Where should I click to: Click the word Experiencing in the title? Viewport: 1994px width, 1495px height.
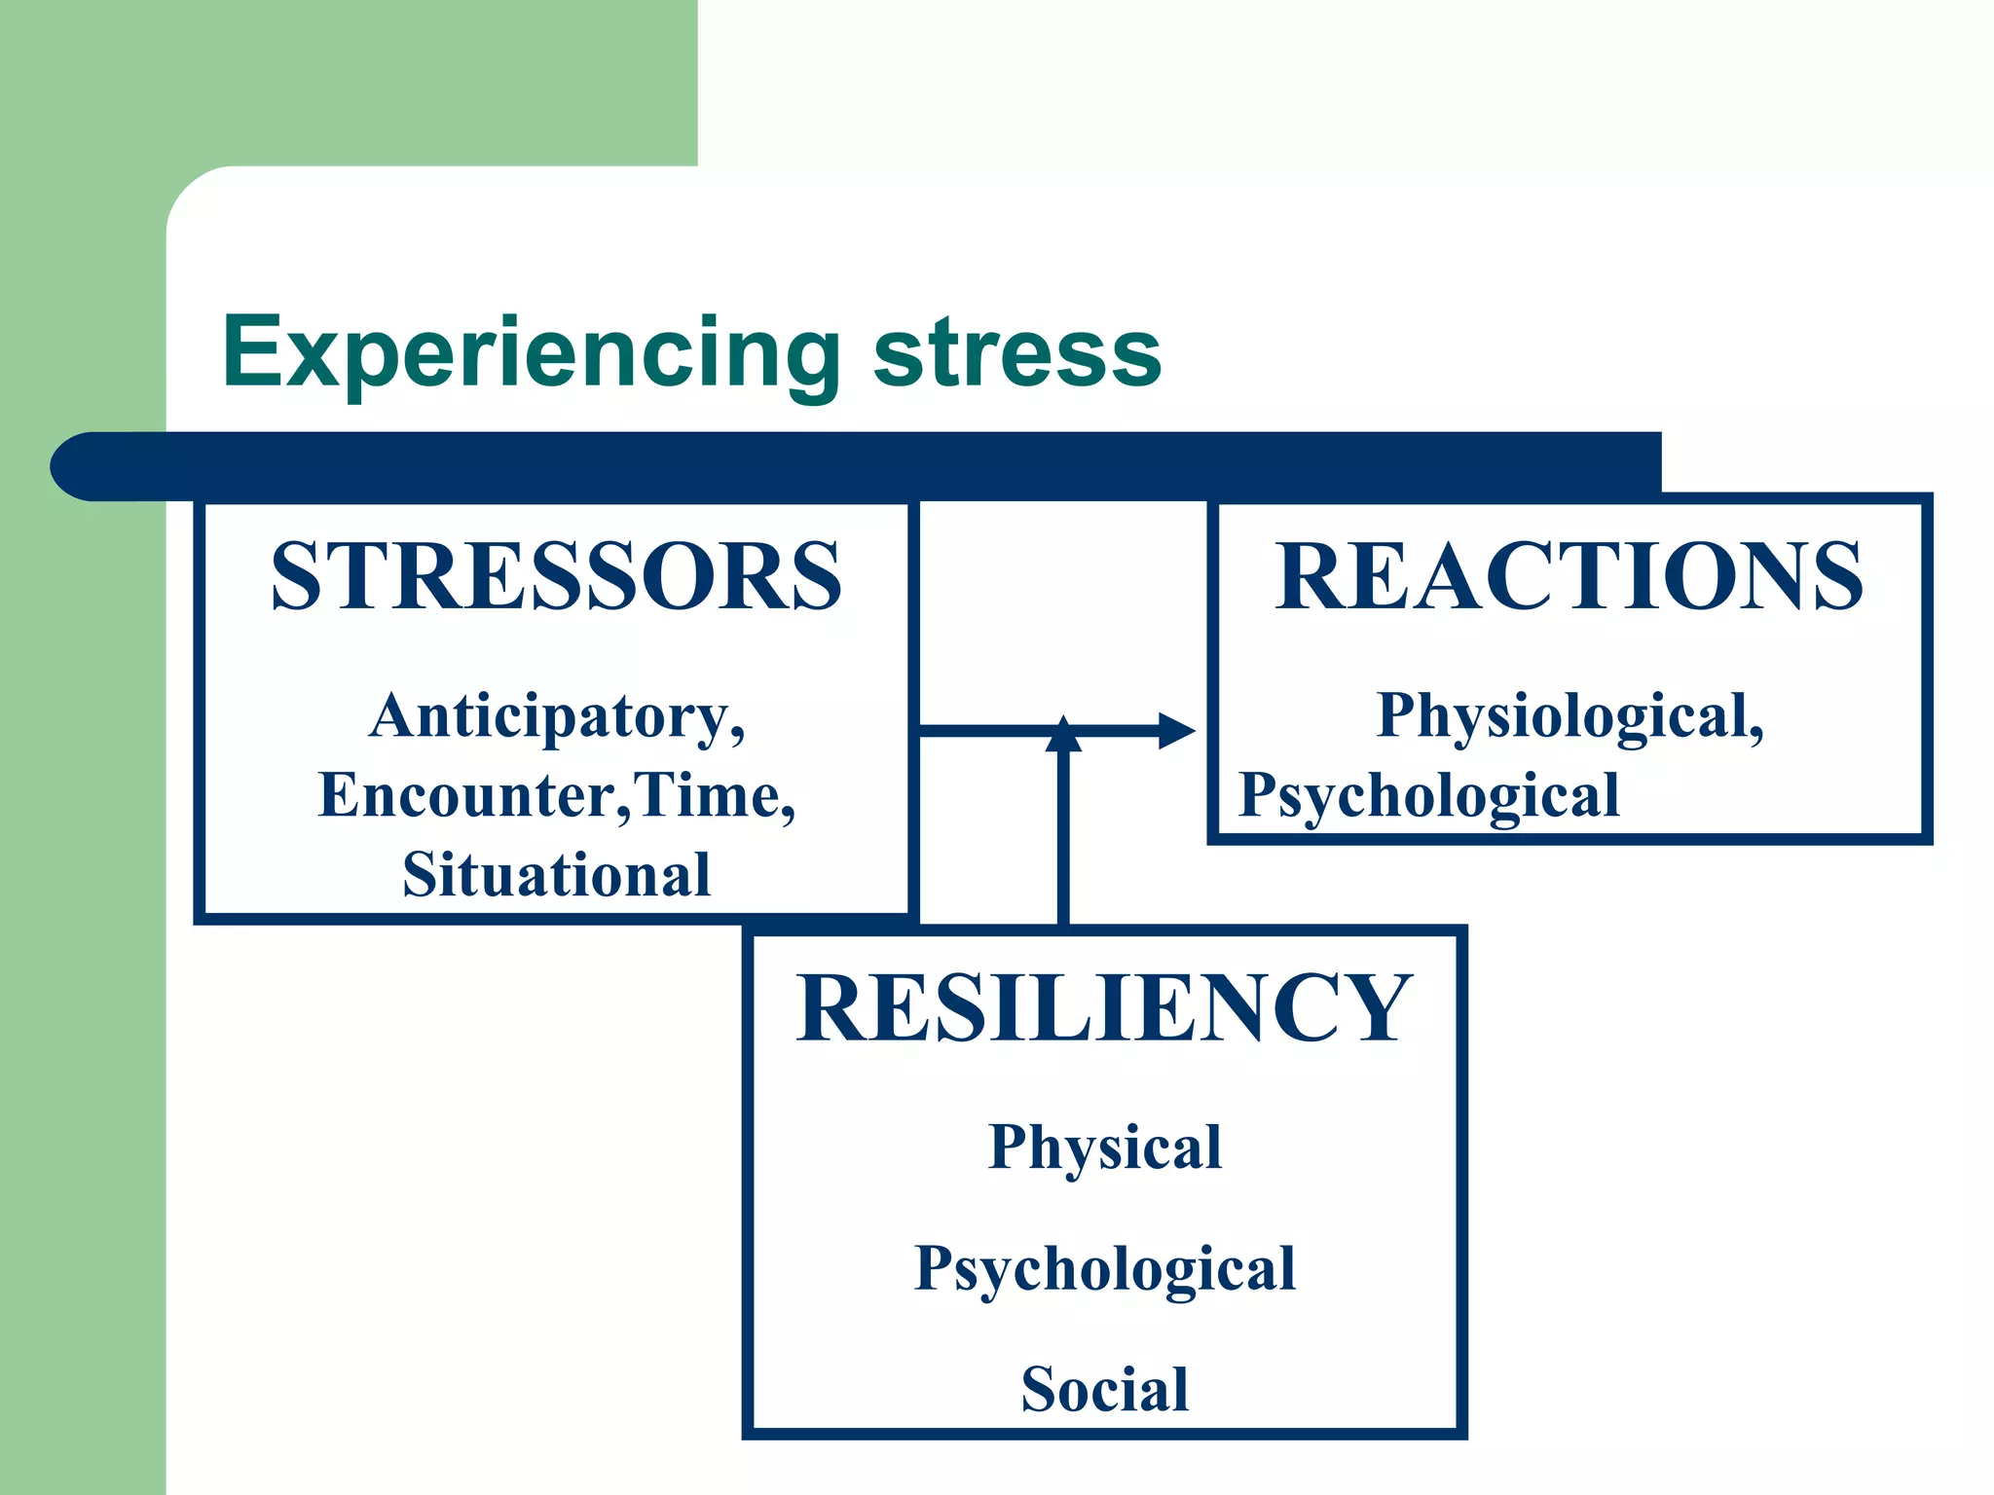(x=531, y=352)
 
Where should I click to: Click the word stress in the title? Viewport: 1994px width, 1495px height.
(x=1016, y=352)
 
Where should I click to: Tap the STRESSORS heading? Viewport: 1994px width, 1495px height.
(x=556, y=576)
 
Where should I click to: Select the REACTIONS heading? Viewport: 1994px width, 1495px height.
(x=1569, y=576)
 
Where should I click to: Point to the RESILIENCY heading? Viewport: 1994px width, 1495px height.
(x=1104, y=1008)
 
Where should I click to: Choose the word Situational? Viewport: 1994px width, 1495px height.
(x=556, y=875)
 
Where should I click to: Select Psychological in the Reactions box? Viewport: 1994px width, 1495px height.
(x=1428, y=796)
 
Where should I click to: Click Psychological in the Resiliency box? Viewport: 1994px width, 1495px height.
(x=1105, y=1269)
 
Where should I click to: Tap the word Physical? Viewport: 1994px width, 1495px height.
(x=1105, y=1148)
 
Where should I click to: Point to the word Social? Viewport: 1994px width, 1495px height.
(x=1105, y=1389)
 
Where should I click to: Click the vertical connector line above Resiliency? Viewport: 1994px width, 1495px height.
(x=1063, y=837)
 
